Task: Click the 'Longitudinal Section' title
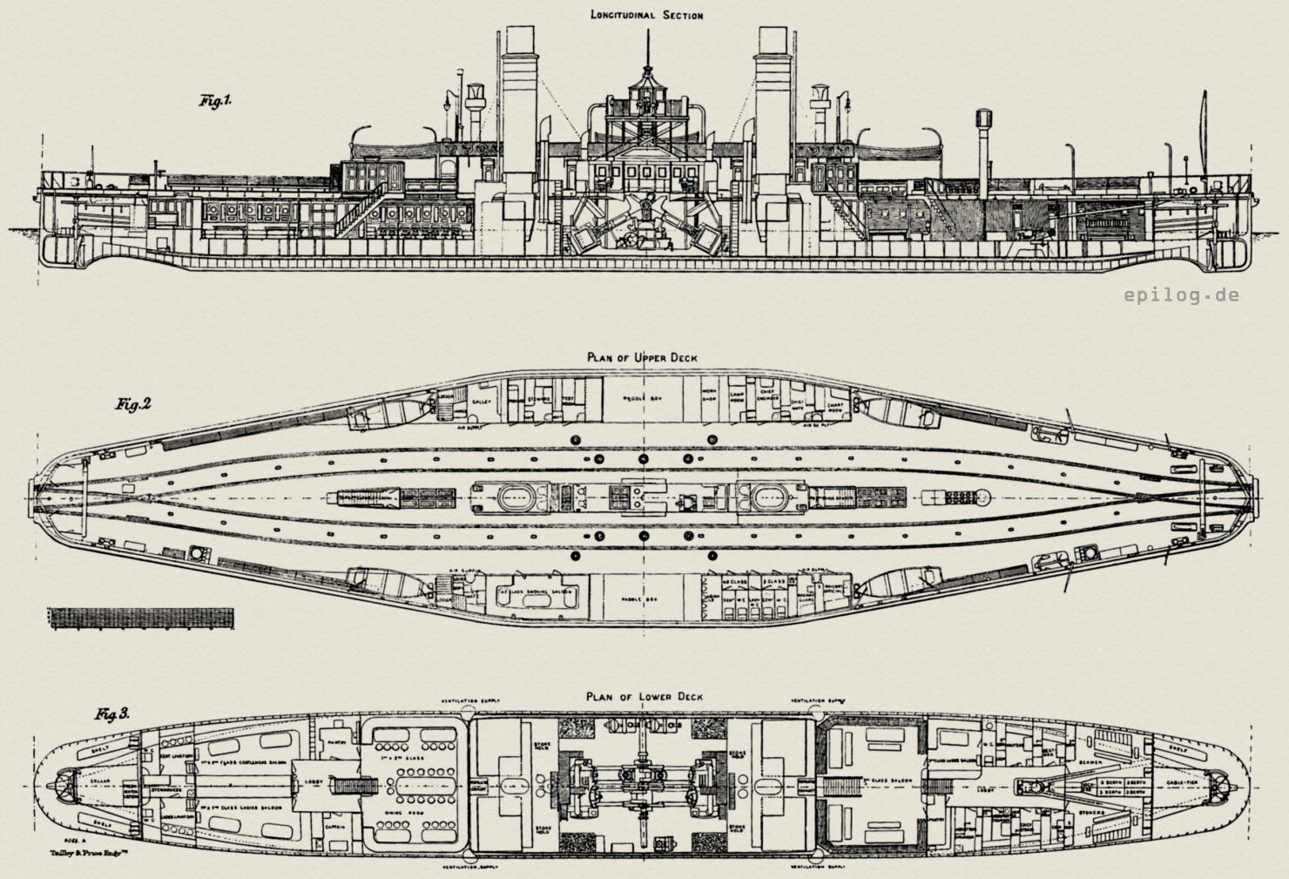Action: (x=645, y=15)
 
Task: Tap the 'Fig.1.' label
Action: (x=214, y=102)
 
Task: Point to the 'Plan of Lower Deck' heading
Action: (x=644, y=697)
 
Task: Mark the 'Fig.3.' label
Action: (x=112, y=714)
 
